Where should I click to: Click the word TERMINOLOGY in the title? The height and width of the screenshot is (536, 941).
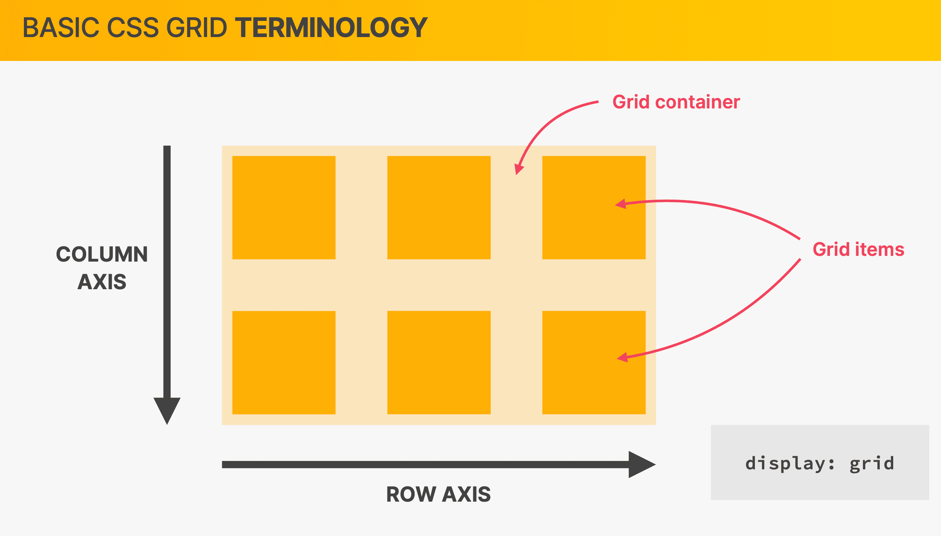331,28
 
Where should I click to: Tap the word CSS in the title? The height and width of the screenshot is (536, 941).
133,28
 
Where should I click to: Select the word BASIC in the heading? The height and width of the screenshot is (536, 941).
61,28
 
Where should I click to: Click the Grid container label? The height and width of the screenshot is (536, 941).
676,102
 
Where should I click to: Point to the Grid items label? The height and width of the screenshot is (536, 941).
858,249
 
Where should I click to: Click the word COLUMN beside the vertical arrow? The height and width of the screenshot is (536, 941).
102,255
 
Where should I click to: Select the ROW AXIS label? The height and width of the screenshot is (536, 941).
439,494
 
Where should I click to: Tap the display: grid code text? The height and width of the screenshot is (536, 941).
820,464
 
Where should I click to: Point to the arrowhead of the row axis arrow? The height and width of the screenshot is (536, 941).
642,465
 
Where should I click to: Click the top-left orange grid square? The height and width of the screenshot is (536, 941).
284,208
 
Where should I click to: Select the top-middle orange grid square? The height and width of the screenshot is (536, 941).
439,208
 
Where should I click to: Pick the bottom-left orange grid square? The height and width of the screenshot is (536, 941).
284,363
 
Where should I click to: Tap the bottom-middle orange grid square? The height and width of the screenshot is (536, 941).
439,363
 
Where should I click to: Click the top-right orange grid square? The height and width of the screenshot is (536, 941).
594,208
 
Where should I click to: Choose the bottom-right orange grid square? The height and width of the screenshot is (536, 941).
594,363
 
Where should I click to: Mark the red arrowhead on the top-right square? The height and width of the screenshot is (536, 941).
621,204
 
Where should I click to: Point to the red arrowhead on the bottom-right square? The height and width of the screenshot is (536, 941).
622,357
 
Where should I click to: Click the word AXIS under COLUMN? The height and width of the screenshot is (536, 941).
102,282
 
